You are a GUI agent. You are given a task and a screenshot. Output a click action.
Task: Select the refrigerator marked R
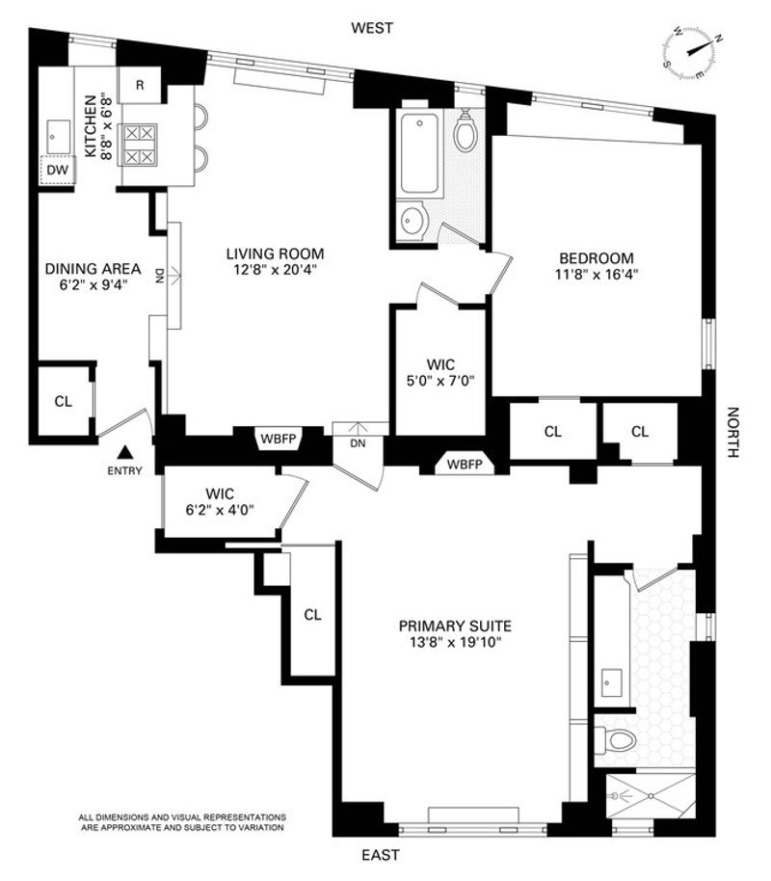[x=140, y=85]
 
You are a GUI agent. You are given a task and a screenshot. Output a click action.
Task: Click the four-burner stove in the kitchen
[x=139, y=145]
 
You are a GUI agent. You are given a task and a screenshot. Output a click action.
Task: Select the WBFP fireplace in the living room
[x=279, y=439]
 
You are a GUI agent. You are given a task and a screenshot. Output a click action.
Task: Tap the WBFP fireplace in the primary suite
[x=465, y=464]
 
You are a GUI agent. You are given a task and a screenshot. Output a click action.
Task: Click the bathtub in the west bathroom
[x=419, y=153]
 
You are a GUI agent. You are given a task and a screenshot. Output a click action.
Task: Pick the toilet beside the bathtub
[x=465, y=130]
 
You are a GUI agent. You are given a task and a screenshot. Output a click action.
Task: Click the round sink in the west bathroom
[x=414, y=221]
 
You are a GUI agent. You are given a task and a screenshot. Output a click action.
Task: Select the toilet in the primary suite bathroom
[x=615, y=740]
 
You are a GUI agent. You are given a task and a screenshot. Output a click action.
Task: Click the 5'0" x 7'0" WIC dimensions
[x=440, y=381]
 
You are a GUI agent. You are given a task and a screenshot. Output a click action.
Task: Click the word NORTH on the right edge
[x=732, y=432]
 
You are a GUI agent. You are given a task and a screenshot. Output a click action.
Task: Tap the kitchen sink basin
[x=57, y=135]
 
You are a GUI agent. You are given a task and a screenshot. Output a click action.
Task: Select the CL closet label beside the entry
[x=64, y=401]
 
